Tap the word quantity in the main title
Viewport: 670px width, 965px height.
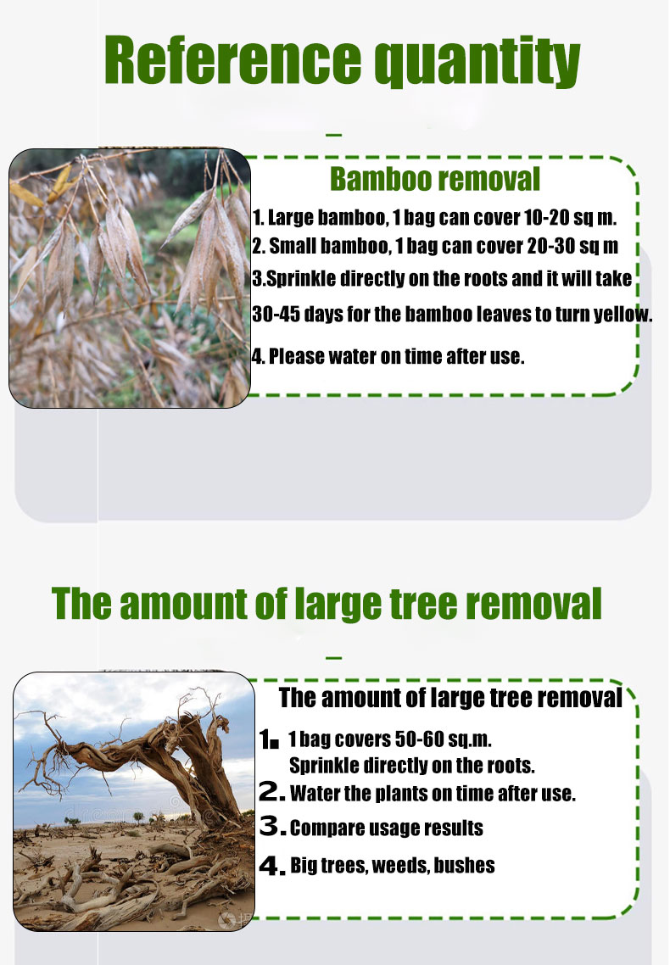477,62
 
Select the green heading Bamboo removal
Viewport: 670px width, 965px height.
435,179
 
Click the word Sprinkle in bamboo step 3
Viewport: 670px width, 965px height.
301,279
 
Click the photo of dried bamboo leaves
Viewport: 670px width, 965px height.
130,278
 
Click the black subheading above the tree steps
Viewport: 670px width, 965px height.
451,698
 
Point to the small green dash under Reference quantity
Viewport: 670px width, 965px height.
334,134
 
